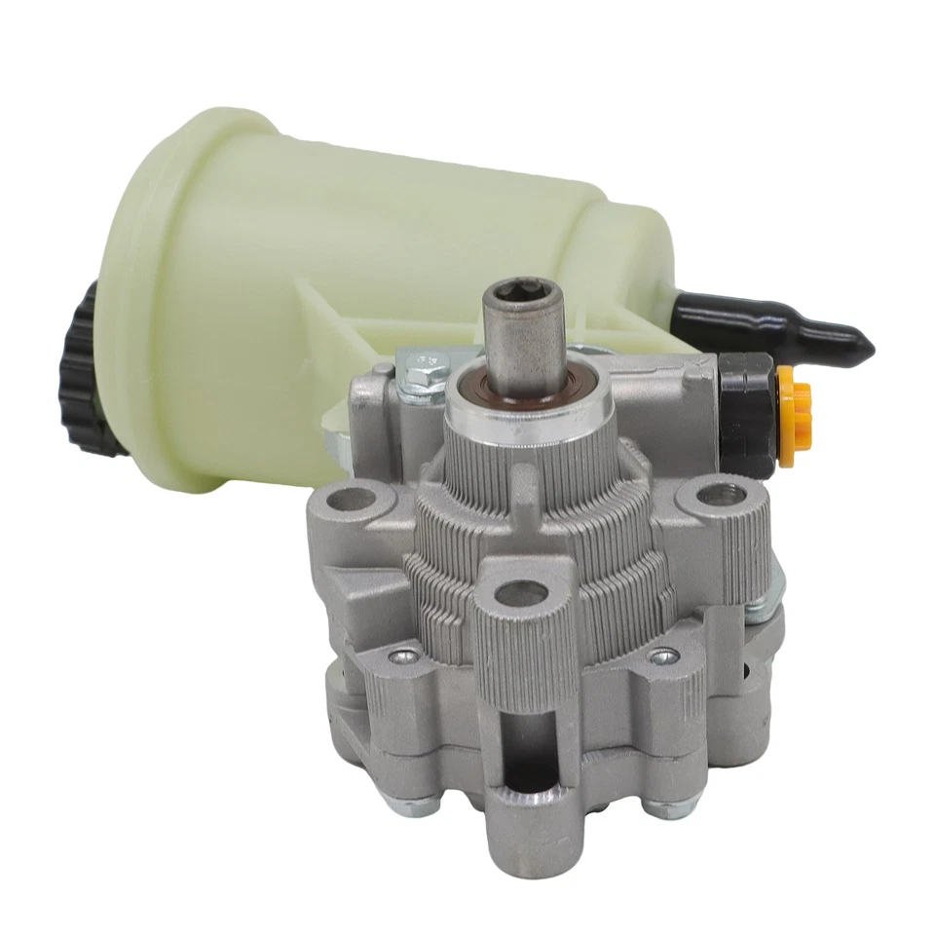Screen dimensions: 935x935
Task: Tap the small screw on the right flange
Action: (x=663, y=656)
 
